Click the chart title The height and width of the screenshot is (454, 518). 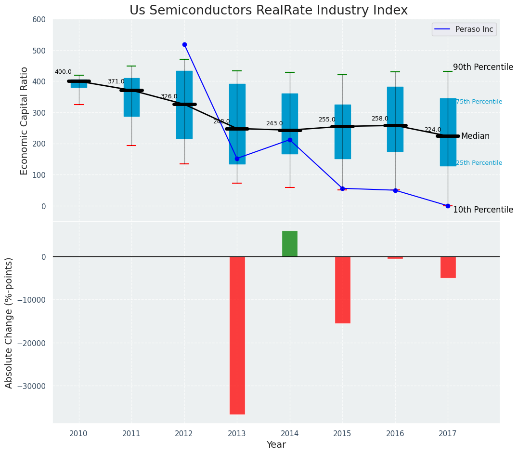click(268, 11)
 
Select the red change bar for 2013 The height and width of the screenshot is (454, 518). click(237, 335)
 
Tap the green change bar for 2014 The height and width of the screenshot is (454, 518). click(290, 244)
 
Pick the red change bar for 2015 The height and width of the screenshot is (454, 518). click(342, 290)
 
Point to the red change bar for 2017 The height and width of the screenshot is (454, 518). click(448, 267)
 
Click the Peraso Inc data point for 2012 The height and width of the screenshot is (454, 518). click(184, 44)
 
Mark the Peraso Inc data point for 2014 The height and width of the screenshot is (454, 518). click(290, 140)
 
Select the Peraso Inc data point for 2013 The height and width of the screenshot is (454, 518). click(237, 159)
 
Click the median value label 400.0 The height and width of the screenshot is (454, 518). click(63, 72)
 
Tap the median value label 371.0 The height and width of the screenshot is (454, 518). click(116, 81)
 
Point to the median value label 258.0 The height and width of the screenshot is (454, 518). click(379, 119)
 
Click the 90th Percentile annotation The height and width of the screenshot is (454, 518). click(483, 67)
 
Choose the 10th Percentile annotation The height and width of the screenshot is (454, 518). click(483, 210)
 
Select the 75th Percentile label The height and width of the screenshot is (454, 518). click(479, 102)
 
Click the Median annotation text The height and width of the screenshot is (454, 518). click(475, 136)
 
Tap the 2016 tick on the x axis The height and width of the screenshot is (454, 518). click(395, 434)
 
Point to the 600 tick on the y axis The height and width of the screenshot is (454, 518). click(39, 19)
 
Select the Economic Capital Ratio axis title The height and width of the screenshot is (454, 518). click(25, 120)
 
